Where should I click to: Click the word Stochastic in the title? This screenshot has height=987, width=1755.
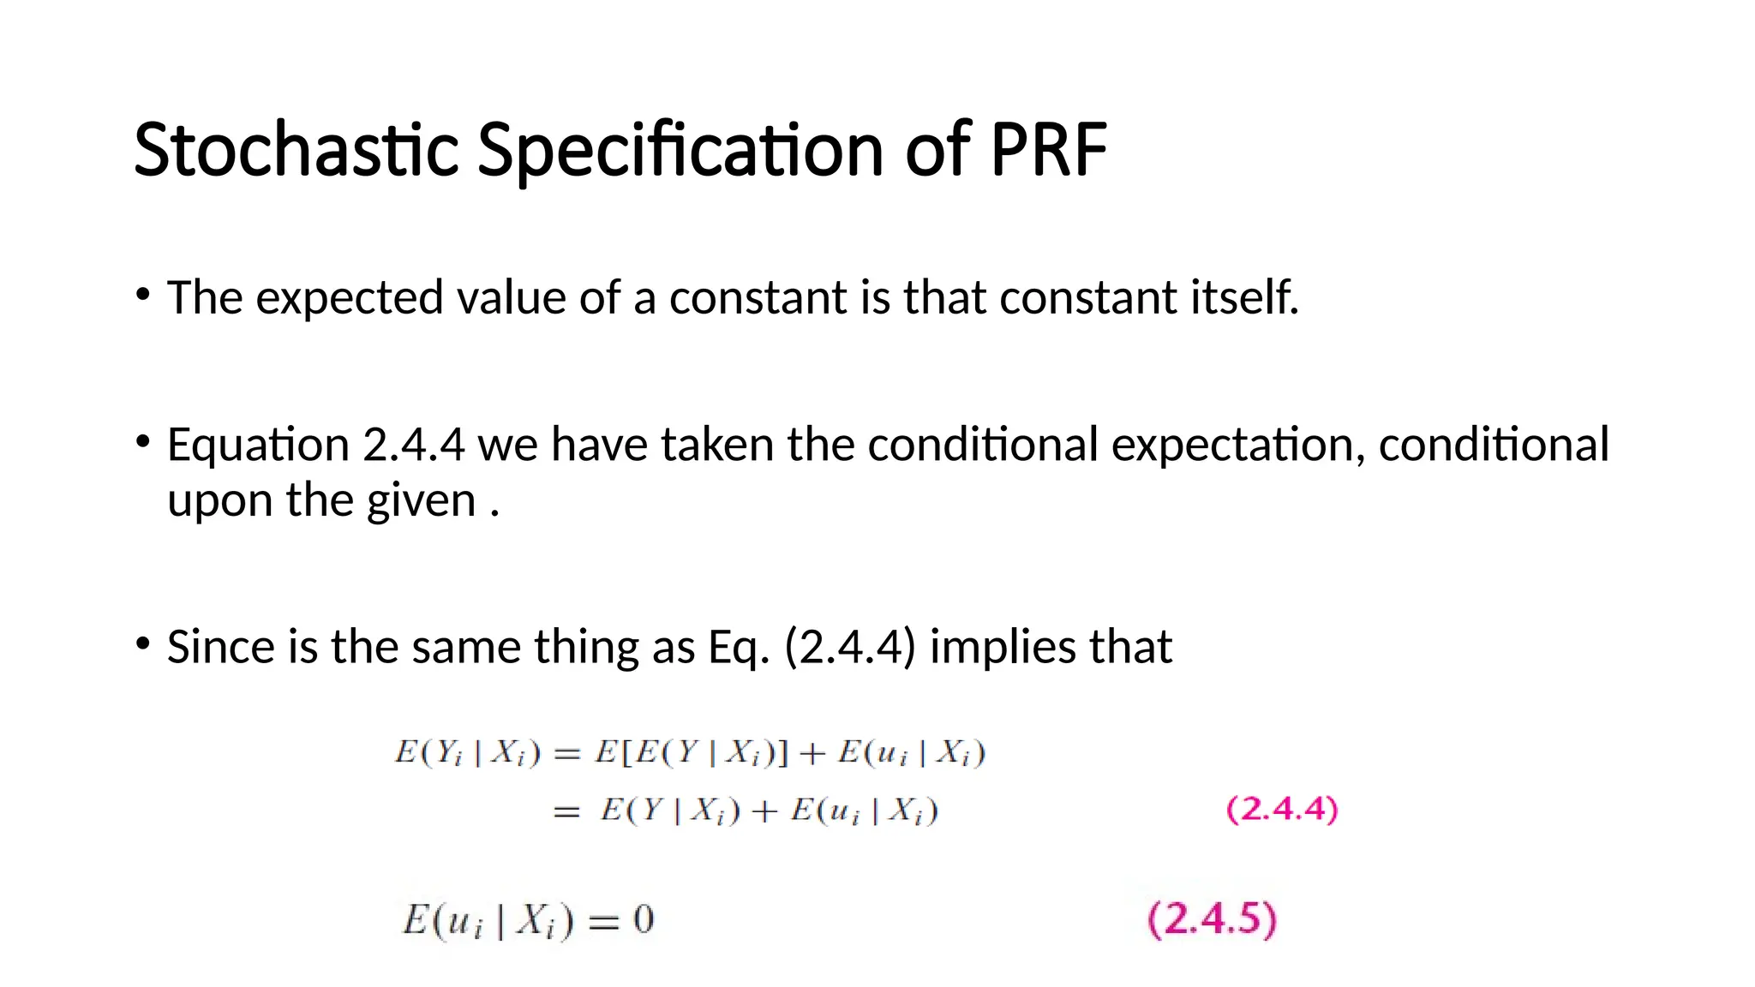coord(296,150)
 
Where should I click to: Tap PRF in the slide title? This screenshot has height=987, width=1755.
coord(1048,150)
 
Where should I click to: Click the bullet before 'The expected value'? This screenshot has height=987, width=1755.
coord(143,296)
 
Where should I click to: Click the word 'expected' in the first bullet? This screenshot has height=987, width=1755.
coord(349,299)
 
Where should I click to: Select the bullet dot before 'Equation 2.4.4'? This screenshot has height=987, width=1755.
coord(143,442)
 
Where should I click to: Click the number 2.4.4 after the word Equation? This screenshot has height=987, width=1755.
coord(414,445)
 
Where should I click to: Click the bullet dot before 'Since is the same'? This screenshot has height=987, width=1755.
coord(143,644)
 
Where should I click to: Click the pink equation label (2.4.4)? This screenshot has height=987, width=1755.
coord(1282,809)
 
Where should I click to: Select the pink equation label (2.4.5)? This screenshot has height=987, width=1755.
coord(1212,919)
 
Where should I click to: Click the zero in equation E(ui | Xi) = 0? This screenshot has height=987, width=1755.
coord(644,920)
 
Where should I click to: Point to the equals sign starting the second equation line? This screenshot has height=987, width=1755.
coord(566,811)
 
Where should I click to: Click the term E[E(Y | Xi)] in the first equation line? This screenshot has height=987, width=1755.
coord(691,753)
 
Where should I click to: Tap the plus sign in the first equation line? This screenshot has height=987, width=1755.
coord(812,754)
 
